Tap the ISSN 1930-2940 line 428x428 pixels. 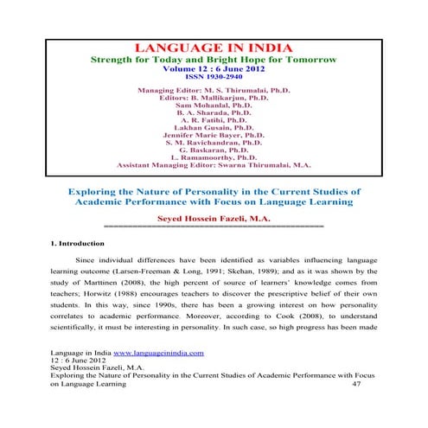pos(214,76)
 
